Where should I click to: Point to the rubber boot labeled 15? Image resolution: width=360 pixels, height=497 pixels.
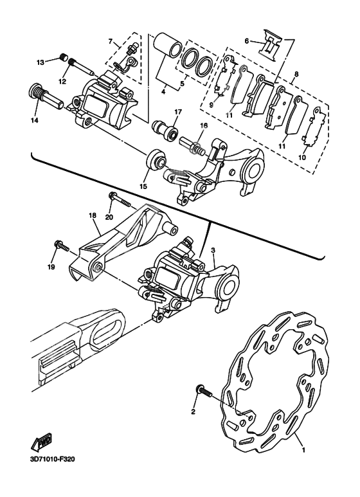coord(154,159)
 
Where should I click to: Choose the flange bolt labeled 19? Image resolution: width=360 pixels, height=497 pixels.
coord(62,245)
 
